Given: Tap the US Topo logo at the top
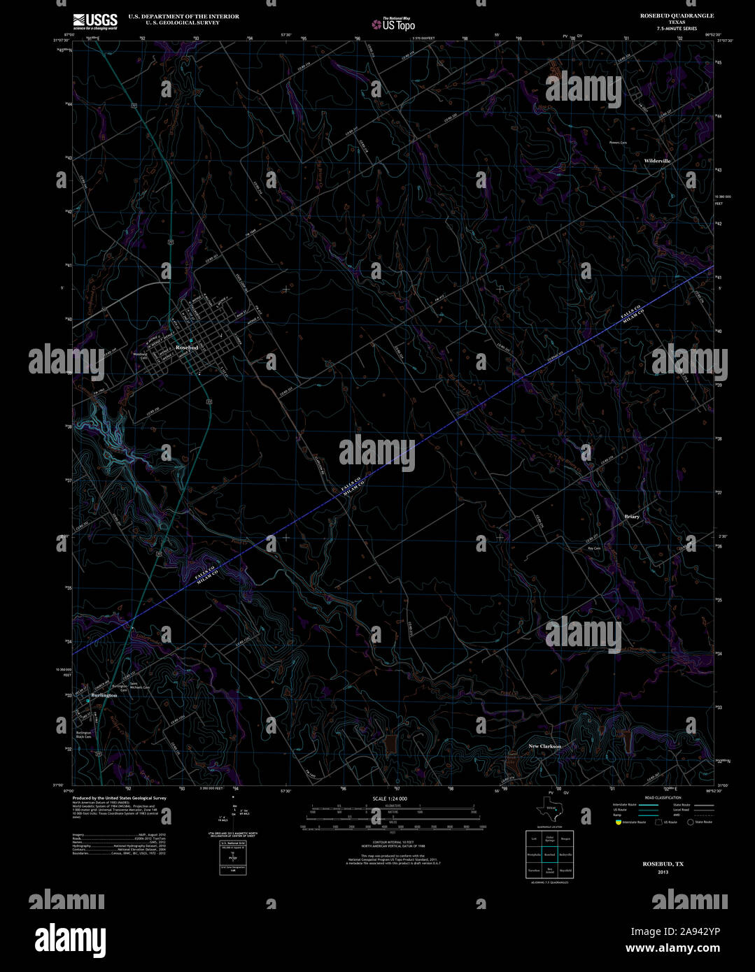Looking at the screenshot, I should tap(393, 22).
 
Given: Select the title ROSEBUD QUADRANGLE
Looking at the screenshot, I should tap(677, 15).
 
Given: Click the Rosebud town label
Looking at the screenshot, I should tap(187, 348).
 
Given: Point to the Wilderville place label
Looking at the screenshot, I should tap(657, 161).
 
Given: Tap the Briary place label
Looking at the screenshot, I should tap(632, 517).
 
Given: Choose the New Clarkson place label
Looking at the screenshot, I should tap(544, 746).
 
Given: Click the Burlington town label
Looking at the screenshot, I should tap(104, 695).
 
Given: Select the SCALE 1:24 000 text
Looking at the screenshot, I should tap(390, 799).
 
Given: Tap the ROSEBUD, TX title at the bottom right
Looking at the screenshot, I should tap(663, 864).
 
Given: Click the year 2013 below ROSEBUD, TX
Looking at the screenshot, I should tap(663, 872).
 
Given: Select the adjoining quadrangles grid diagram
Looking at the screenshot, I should tap(549, 854).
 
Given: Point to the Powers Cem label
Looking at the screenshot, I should tap(617, 143).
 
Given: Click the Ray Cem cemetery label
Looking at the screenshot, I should tap(594, 548).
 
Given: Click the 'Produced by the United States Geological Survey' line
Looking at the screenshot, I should tap(119, 798).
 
